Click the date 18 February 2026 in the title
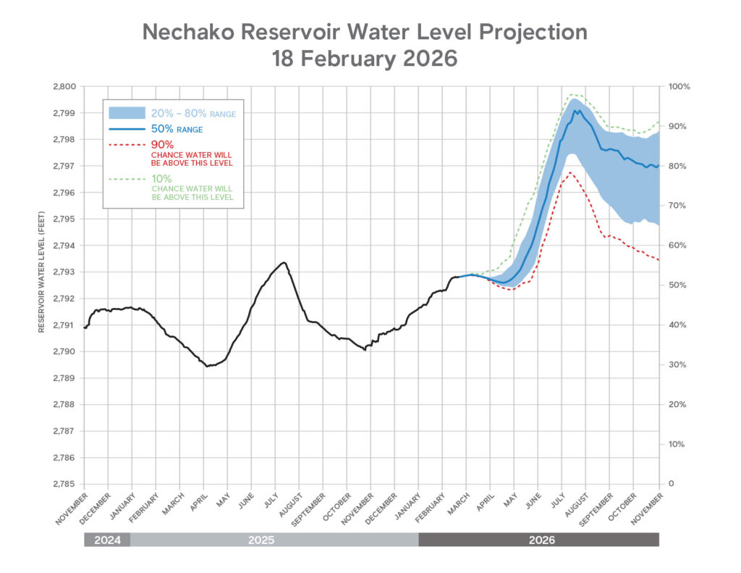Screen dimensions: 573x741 point(364,59)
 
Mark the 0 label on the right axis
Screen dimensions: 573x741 point(671,484)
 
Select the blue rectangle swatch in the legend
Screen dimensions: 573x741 point(127,113)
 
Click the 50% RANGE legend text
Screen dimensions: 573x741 point(177,129)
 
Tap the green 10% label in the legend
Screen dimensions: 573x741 point(161,177)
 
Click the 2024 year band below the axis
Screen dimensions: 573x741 point(107,540)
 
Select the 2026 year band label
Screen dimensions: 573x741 point(538,540)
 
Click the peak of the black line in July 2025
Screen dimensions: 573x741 point(283,262)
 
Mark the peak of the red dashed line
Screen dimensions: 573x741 point(570,172)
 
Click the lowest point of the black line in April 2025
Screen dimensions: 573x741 point(207,367)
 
